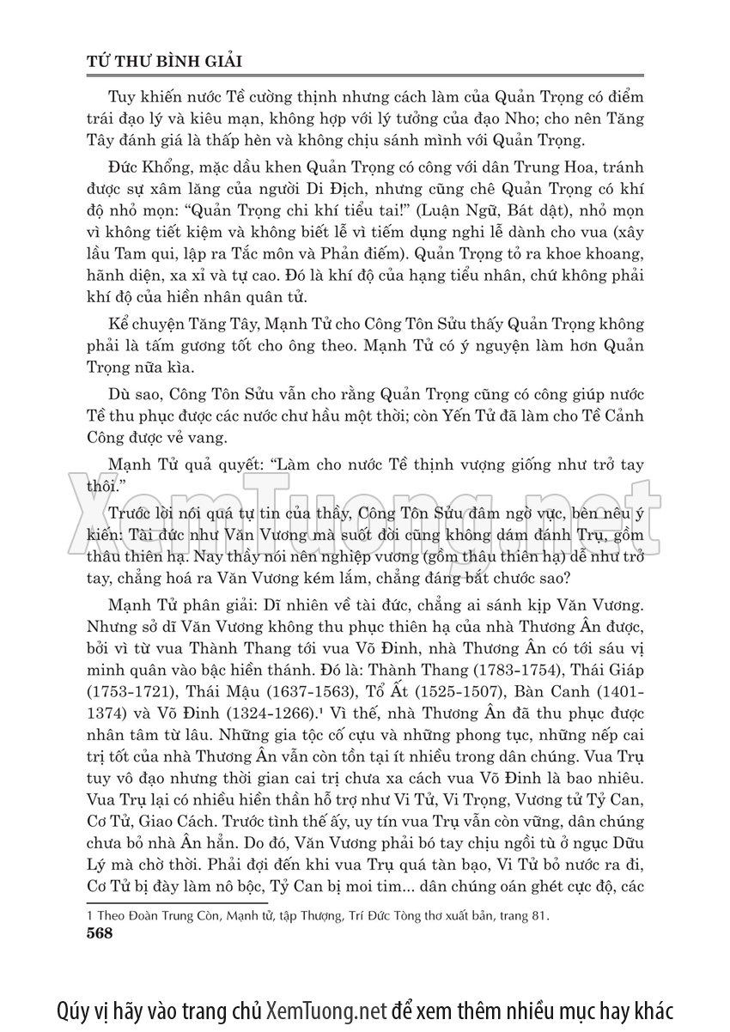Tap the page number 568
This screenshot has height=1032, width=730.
[x=101, y=935]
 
